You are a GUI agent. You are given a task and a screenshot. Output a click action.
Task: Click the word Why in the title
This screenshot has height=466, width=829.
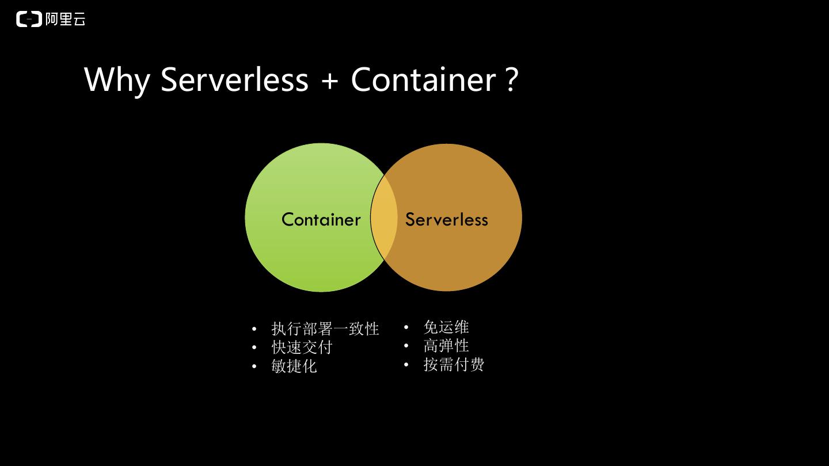point(117,79)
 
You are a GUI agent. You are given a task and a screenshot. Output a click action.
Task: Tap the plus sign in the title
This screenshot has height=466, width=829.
point(329,81)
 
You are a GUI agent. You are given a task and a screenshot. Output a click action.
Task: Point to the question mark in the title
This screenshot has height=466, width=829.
point(512,79)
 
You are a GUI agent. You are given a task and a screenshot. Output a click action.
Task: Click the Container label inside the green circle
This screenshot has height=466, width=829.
point(321,219)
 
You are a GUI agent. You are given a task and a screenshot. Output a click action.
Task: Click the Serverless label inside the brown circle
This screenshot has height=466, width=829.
point(446,219)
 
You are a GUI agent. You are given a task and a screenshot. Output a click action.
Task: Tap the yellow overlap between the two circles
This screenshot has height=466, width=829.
point(384,218)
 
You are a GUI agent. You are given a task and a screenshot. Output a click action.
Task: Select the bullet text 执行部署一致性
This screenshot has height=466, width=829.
point(325,329)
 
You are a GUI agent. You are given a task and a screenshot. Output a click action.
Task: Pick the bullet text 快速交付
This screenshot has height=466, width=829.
point(302,347)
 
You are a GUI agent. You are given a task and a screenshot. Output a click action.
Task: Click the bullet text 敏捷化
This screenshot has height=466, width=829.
point(294,366)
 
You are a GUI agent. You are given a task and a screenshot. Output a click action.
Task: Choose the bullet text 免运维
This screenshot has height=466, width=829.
point(446,327)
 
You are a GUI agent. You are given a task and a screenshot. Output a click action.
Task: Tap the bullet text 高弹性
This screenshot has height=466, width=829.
point(446,346)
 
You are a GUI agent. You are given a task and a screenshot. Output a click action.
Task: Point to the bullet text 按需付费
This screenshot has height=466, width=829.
point(454,364)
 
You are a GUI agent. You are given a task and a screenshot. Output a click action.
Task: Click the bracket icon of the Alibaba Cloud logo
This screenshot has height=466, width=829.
point(29,19)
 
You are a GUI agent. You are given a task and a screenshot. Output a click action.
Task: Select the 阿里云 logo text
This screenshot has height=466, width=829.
point(65,19)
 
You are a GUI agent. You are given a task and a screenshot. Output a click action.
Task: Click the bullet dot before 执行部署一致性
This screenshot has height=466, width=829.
point(254,330)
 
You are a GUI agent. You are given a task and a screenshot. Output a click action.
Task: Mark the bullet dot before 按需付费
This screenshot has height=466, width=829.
point(406,365)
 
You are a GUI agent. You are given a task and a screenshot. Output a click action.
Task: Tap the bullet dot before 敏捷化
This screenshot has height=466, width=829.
point(254,366)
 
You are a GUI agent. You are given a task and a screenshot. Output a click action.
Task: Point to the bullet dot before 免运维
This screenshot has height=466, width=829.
point(406,328)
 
